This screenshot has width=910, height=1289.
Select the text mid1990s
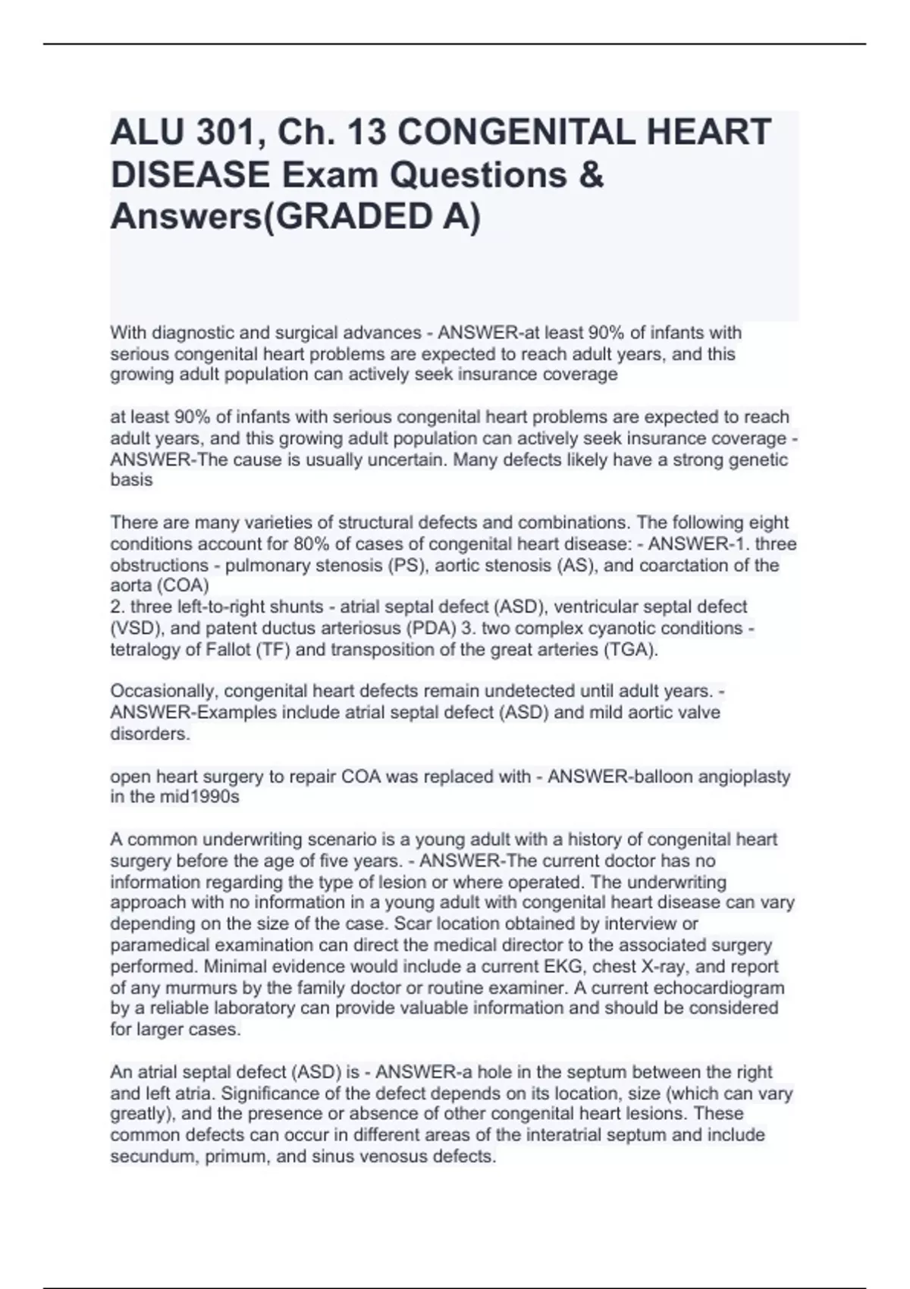[x=198, y=797]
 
